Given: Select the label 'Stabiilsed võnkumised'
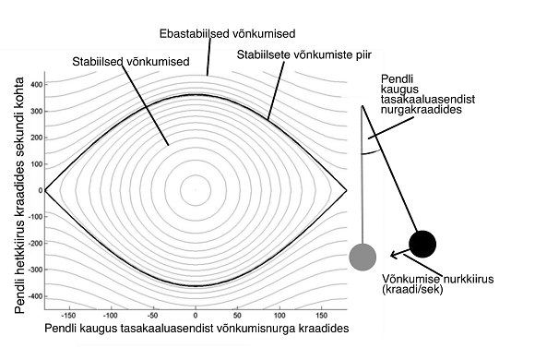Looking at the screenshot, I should (x=130, y=61).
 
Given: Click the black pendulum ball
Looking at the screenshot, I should (x=422, y=244).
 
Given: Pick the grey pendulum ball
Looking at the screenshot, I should (x=363, y=256).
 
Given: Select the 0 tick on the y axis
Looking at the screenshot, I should (x=39, y=191).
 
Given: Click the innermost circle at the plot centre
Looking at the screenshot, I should (x=196, y=191).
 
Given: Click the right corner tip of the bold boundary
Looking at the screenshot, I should (x=347, y=191).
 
